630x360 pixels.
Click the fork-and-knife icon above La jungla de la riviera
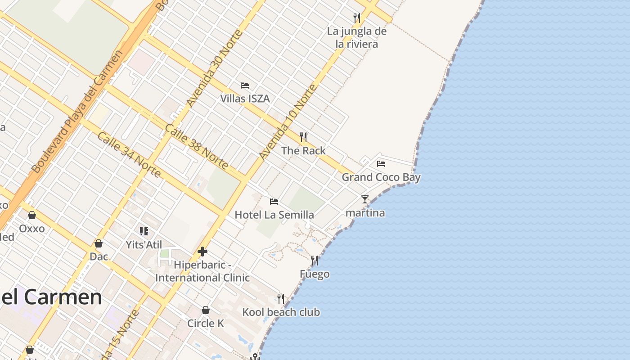[357, 18]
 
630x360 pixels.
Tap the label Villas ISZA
[245, 99]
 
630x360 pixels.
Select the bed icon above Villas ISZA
[245, 85]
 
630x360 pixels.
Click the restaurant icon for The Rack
[303, 137]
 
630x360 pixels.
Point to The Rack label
[303, 151]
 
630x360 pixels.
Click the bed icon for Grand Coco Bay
[381, 163]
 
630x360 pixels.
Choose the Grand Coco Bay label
[381, 177]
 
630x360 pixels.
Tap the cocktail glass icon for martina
[365, 199]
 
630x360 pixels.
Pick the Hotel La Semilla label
[274, 215]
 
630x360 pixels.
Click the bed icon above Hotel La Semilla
[274, 201]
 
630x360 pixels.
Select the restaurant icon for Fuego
[315, 260]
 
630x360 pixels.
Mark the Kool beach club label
[281, 312]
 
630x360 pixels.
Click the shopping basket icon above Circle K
[206, 310]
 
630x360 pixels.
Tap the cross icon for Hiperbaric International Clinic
[202, 252]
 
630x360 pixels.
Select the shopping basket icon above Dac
[99, 243]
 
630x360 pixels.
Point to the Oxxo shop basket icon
[32, 215]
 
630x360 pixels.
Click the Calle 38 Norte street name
[196, 147]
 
